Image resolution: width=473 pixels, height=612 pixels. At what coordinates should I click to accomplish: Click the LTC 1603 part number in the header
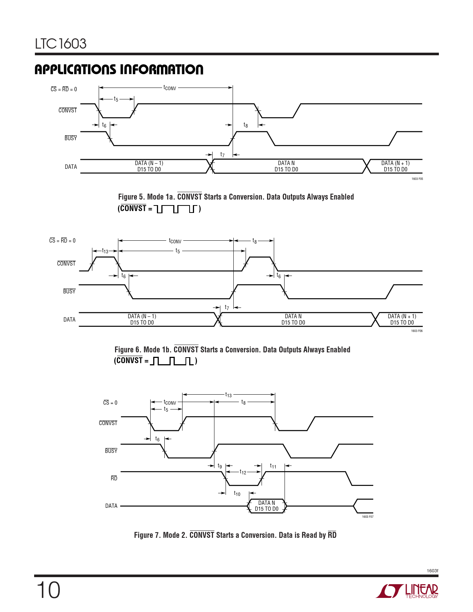point(60,44)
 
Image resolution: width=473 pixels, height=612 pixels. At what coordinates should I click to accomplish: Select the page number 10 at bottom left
point(48,590)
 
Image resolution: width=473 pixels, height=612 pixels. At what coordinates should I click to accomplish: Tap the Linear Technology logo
point(407,591)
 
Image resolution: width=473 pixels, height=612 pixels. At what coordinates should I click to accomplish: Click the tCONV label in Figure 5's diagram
point(170,88)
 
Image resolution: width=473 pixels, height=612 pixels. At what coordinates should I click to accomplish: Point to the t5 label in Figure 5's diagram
point(116,99)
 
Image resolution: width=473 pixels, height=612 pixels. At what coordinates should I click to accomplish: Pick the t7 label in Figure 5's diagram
point(223,154)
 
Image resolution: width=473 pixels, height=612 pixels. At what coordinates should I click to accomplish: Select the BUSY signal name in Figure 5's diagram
point(71,138)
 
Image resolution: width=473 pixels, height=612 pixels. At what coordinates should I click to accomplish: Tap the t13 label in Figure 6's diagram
point(105,251)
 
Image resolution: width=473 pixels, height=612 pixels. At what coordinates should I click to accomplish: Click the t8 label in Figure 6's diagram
point(254,240)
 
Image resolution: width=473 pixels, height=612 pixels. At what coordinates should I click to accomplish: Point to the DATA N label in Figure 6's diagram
point(293,316)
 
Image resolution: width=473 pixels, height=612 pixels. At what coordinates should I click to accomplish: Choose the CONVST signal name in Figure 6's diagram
point(66,263)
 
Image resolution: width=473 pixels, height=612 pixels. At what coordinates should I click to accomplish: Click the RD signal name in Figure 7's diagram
point(114,478)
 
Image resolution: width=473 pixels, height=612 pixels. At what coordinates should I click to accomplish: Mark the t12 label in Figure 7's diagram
point(243,472)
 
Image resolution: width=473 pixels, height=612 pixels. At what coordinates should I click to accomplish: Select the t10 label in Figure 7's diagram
point(237,493)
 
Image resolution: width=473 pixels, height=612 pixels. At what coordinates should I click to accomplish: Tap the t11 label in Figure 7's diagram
point(273,466)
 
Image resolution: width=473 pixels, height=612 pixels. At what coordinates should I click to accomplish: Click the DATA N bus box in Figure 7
point(266,506)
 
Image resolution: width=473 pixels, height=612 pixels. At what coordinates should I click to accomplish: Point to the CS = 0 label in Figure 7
point(110,402)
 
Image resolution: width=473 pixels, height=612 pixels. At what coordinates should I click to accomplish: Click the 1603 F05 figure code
point(417,179)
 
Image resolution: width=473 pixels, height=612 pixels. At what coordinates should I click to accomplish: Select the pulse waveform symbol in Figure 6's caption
point(172,361)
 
